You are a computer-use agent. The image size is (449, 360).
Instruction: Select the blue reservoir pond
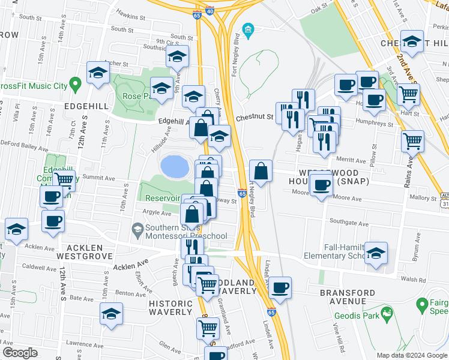(173, 166)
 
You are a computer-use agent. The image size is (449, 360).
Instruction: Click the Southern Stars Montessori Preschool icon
(137, 229)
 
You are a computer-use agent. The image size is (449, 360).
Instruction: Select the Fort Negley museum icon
(247, 29)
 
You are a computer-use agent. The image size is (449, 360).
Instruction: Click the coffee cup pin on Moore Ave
(322, 184)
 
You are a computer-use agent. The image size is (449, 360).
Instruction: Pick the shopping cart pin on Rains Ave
(412, 142)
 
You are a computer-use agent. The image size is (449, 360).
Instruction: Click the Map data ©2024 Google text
(412, 355)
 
